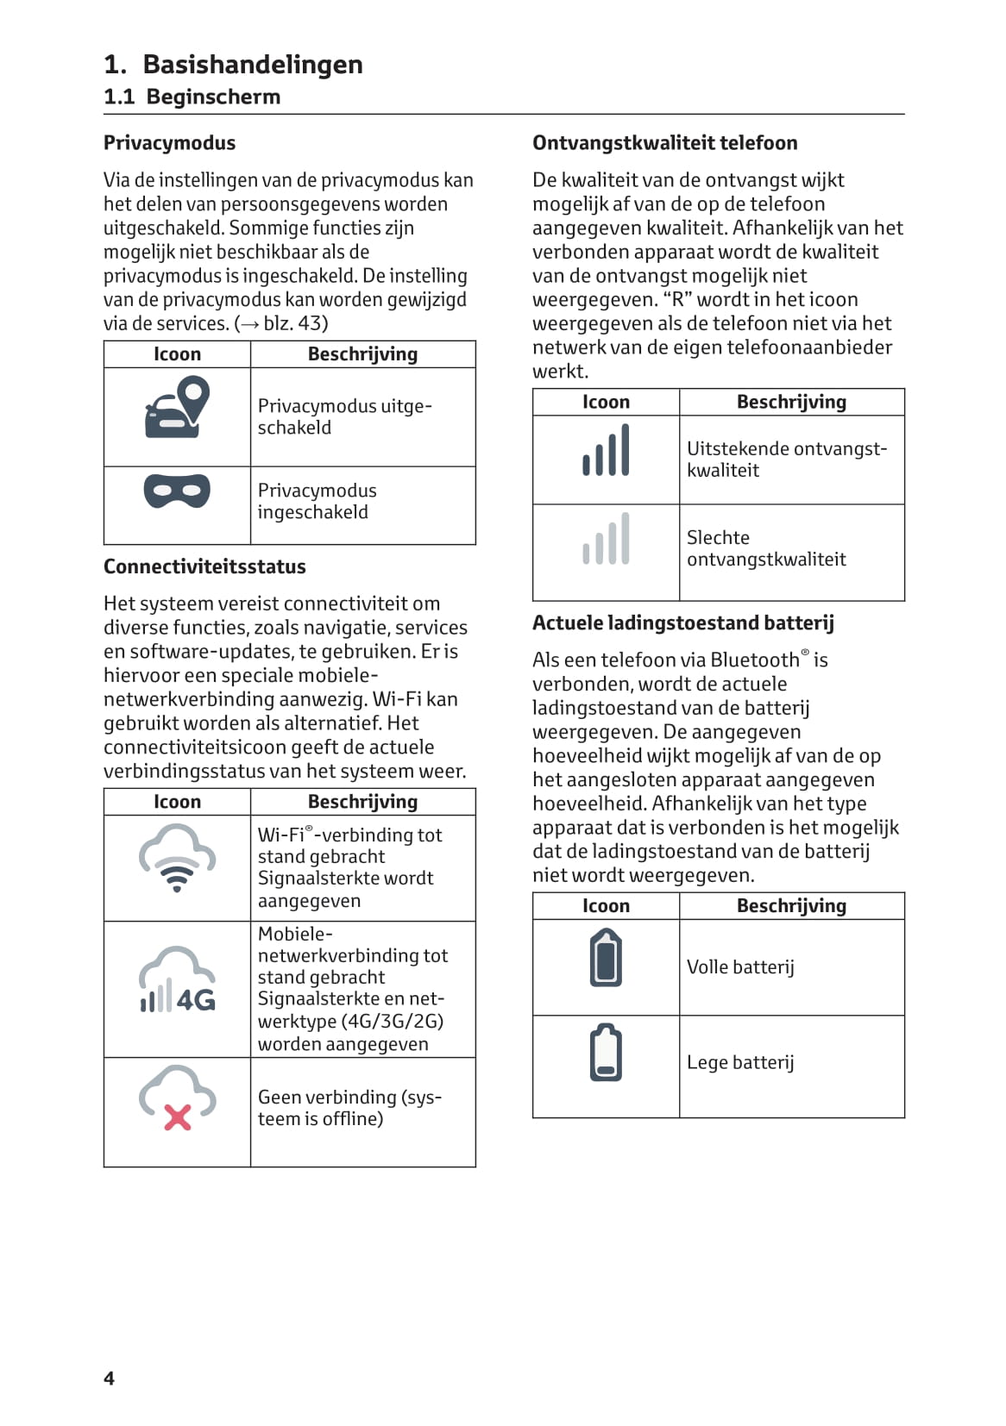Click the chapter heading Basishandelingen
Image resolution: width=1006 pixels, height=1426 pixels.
[252, 65]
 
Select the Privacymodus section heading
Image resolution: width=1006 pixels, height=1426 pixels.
[169, 143]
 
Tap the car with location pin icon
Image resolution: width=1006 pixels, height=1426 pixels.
[178, 407]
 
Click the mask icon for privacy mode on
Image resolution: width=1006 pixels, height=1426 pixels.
[177, 491]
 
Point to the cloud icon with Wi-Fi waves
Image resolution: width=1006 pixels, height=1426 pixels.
[177, 857]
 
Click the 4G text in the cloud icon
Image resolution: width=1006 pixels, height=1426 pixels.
[197, 1000]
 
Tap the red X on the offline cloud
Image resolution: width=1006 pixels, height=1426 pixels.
[178, 1118]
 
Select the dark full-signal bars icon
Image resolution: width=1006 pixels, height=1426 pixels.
[607, 450]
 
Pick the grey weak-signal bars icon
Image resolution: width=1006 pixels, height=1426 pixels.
[607, 540]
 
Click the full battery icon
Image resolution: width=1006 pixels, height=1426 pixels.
[606, 958]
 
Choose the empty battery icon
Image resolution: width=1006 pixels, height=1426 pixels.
[606, 1053]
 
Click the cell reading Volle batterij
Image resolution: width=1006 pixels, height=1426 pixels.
[740, 967]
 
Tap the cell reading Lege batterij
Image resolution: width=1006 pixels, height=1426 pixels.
[740, 1063]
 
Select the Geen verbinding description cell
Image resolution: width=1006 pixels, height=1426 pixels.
[349, 1108]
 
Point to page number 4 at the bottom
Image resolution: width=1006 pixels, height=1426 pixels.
[109, 1379]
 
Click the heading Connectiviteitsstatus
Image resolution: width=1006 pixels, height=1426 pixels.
[204, 567]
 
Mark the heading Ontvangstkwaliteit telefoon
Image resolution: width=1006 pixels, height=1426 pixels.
[664, 143]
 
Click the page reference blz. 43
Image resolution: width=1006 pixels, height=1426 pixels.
[295, 323]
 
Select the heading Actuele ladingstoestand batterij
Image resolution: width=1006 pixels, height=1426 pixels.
[682, 623]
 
